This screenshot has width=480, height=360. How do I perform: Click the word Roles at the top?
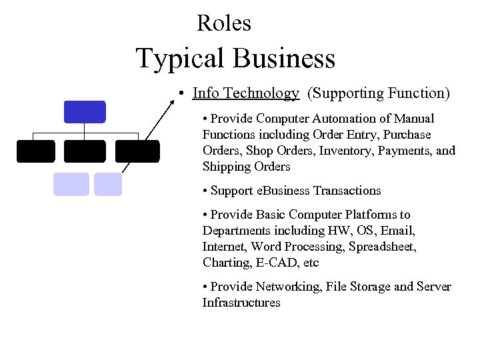tap(224, 23)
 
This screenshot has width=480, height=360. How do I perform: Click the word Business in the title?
tap(285, 59)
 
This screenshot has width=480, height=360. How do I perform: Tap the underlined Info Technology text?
tap(245, 93)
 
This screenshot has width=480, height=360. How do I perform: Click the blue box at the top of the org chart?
tap(85, 112)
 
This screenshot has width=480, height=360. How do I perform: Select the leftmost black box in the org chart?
tap(36, 151)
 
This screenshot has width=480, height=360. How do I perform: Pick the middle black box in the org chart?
tap(85, 151)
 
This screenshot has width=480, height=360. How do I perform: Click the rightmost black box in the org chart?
tap(137, 151)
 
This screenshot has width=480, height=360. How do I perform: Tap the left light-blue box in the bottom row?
tap(71, 184)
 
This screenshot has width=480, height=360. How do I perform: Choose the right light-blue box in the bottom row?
tap(108, 184)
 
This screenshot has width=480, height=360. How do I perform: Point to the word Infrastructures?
tap(241, 303)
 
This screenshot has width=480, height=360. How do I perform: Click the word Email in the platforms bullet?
tap(397, 231)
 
